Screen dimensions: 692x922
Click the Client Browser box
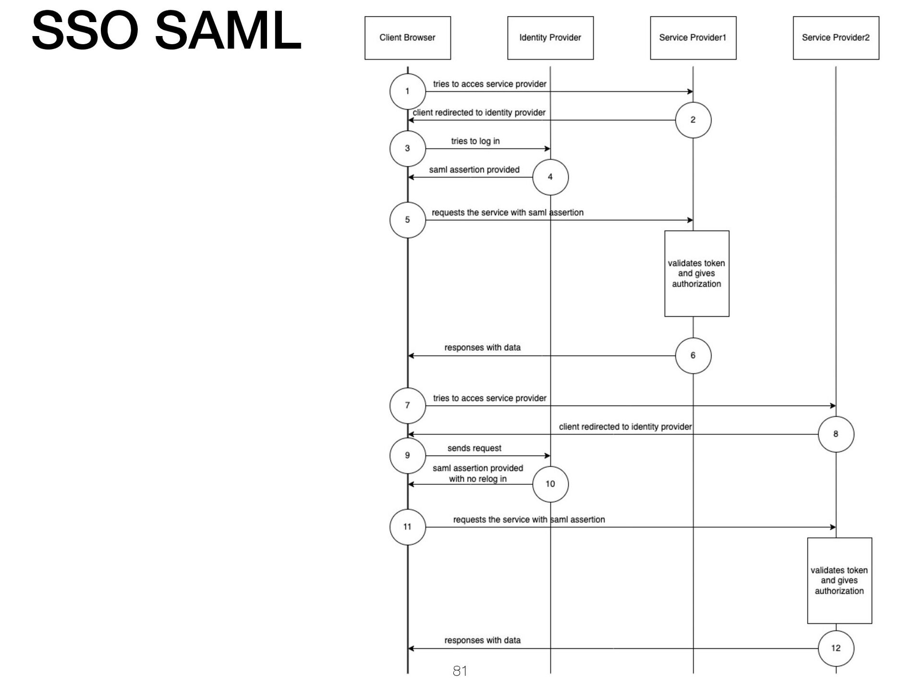(407, 38)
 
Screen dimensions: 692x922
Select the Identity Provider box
(550, 38)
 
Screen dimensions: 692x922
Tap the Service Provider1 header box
(692, 38)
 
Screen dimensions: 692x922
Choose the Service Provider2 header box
(836, 38)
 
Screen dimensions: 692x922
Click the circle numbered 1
(407, 91)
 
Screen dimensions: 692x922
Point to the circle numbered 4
(550, 177)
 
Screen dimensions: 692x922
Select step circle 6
(693, 356)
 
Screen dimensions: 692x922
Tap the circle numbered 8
(836, 434)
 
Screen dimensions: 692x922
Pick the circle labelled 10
(550, 484)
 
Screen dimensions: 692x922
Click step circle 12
(836, 648)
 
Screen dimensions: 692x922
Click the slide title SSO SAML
(166, 31)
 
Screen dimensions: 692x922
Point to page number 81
(460, 671)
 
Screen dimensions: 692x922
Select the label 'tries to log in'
(475, 141)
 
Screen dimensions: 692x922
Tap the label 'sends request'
(474, 448)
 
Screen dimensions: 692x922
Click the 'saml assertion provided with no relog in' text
(478, 473)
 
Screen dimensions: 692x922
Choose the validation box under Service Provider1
(696, 273)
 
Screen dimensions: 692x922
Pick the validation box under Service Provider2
(839, 581)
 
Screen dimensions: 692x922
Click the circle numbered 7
(407, 406)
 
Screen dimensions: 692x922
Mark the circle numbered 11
(407, 527)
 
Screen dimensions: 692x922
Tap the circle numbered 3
(407, 148)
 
